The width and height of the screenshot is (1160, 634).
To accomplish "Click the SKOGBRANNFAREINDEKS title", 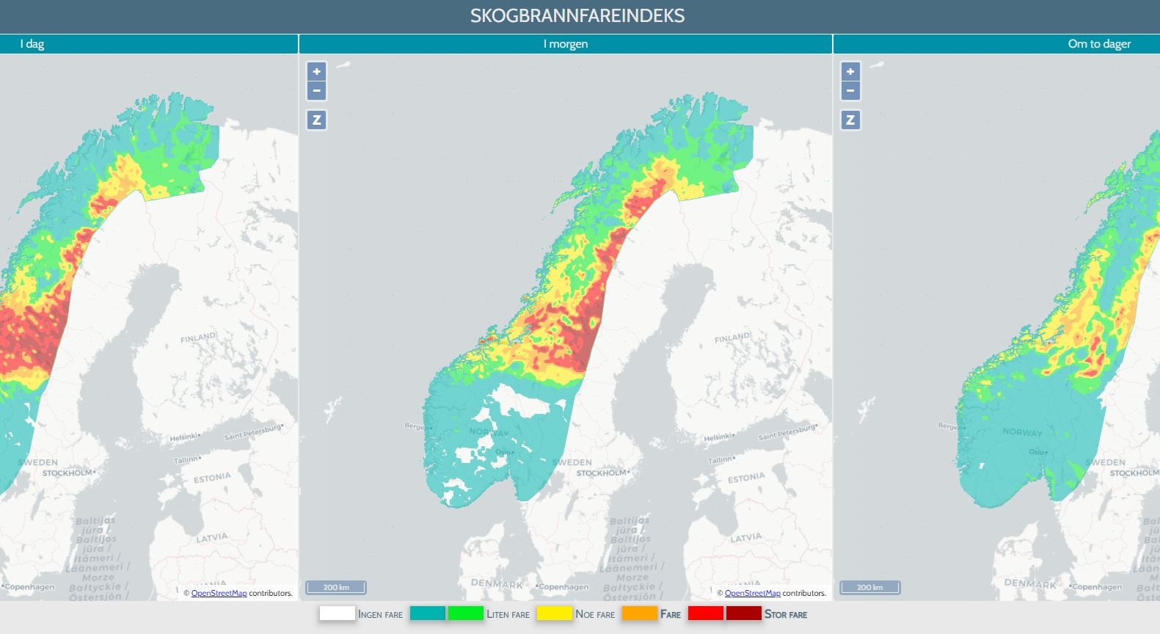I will (577, 16).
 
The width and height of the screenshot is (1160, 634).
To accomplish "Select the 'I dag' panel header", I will (32, 44).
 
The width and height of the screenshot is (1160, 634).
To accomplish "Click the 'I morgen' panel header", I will (565, 44).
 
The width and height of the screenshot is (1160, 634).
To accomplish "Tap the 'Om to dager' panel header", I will (1098, 44).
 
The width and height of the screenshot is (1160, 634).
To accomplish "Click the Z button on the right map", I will (850, 120).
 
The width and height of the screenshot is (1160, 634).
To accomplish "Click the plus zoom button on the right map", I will (850, 71).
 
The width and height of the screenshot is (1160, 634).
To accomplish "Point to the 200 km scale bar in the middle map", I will (336, 587).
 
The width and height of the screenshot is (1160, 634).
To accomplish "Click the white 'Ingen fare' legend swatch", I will (337, 613).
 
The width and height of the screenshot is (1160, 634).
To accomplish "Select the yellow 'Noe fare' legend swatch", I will (554, 613).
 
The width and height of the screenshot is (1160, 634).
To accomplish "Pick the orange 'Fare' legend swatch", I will (639, 613).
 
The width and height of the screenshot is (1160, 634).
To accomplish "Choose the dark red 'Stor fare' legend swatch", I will (744, 613).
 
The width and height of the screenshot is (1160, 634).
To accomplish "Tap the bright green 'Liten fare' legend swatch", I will (465, 613).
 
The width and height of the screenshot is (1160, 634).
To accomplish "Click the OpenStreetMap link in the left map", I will (219, 593).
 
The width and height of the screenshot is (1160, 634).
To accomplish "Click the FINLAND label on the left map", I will (198, 338).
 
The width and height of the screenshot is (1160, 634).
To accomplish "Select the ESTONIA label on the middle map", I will (746, 478).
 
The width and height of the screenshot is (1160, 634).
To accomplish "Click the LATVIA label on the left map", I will (211, 538).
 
